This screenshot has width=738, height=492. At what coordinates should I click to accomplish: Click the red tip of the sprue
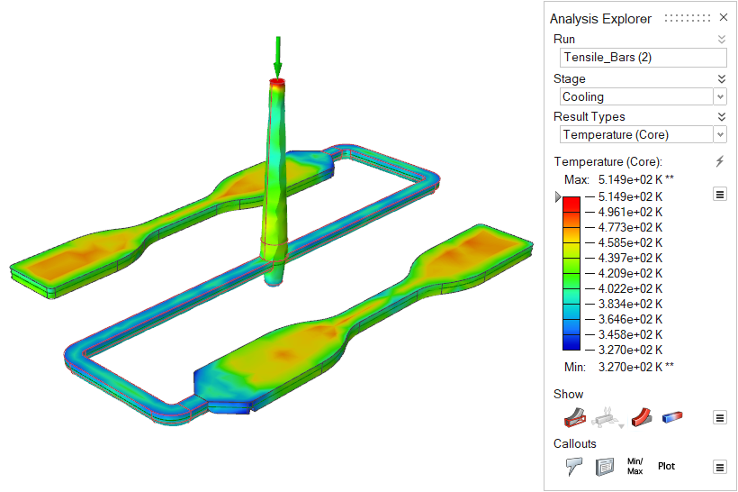coord(277,82)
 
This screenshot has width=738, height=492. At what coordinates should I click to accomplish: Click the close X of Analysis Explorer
coord(724,17)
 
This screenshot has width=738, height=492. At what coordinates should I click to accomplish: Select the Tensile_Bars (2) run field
coord(643,58)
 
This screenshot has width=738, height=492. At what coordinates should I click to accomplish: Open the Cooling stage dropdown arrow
coord(720,97)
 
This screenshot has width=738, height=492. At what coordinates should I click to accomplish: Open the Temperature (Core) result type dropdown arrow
coord(720,135)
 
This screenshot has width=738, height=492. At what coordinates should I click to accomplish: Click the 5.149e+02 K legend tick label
coord(630,196)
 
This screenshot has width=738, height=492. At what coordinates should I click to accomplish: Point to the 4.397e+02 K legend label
coord(630,258)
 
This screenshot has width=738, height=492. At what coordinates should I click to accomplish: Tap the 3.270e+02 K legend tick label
coord(630,350)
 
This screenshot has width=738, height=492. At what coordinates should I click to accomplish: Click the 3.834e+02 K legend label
coord(630,304)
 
